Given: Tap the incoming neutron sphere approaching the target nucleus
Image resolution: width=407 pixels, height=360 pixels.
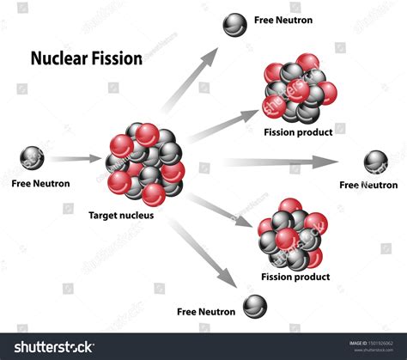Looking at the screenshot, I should click(x=33, y=159).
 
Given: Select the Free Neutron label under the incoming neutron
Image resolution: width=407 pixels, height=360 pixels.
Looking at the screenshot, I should click(x=40, y=183).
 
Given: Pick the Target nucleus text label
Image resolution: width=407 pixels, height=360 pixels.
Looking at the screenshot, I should click(x=121, y=216).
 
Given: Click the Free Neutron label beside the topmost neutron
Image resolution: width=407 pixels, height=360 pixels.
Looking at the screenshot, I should click(x=283, y=20).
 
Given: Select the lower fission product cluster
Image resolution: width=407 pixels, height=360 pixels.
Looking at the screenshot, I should click(x=290, y=235).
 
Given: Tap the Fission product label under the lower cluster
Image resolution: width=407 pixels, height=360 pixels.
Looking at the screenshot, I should click(x=295, y=277).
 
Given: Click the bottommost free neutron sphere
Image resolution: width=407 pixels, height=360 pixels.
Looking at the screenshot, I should click(x=254, y=304).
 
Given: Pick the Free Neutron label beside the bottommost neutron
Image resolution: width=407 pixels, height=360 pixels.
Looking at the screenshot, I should click(x=205, y=311).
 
